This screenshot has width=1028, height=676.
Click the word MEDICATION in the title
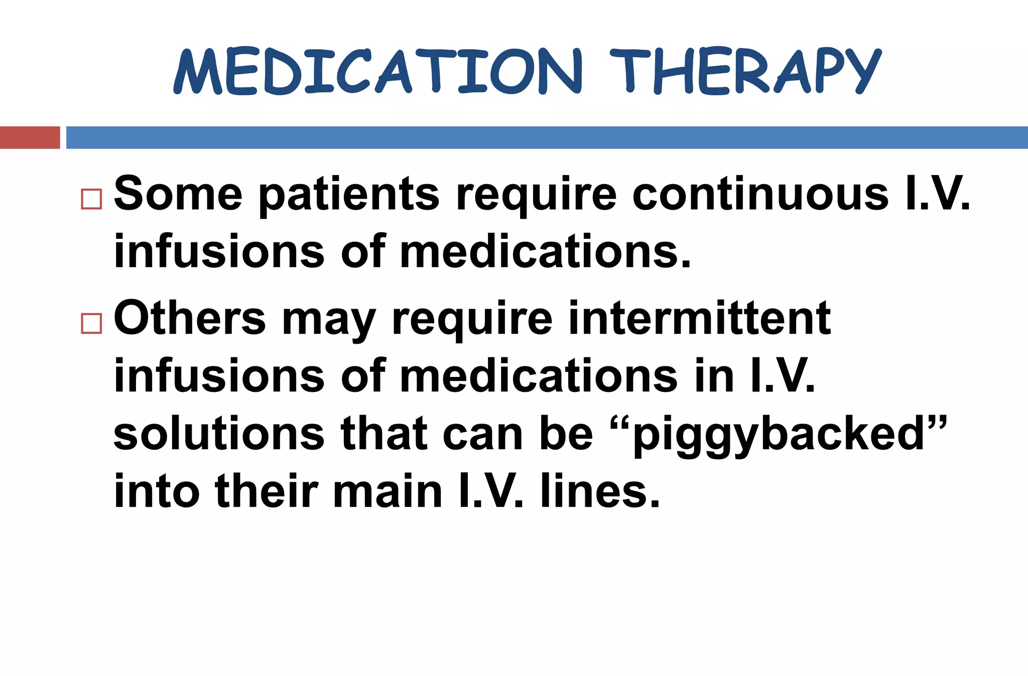376,71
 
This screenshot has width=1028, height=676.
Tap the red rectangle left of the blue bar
30,138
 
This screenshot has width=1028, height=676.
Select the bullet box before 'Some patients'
91,199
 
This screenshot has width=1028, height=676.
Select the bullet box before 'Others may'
91,323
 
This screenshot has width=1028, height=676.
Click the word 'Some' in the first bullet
178,194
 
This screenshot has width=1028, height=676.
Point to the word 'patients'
348,196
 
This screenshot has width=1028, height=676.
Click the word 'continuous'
760,194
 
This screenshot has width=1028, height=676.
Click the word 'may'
328,321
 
